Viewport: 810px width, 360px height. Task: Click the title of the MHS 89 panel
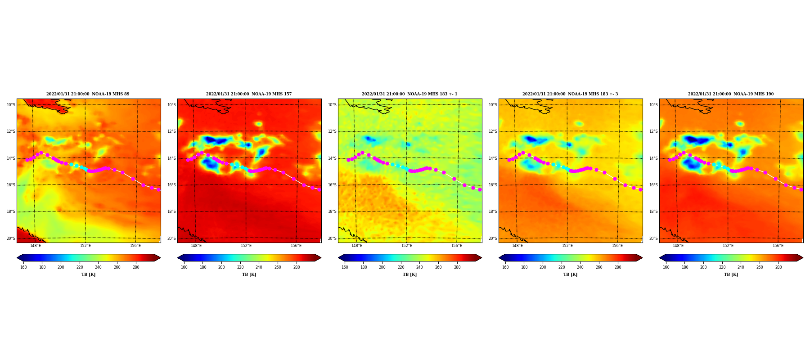[88, 94]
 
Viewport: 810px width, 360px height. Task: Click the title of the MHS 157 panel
[249, 94]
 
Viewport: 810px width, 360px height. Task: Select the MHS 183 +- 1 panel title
[409, 94]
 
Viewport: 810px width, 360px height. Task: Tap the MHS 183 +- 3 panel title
[570, 94]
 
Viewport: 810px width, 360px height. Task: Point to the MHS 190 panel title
[731, 94]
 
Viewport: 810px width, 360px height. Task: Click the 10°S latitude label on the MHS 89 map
[11, 105]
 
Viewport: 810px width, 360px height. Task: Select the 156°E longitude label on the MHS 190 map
[778, 246]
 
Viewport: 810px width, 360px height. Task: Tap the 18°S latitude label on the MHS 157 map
[171, 211]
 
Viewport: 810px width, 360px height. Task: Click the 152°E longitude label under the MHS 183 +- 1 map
[407, 246]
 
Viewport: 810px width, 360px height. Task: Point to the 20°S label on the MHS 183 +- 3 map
[493, 238]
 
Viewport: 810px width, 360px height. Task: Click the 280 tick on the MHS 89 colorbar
[136, 267]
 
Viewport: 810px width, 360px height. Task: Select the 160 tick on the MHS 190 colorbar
[666, 267]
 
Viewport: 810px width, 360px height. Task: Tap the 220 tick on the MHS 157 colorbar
[240, 267]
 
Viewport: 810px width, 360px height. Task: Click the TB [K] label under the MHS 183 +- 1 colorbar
[409, 274]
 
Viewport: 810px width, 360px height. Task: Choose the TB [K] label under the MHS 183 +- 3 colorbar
[570, 274]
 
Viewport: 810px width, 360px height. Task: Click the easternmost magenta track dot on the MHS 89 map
[158, 189]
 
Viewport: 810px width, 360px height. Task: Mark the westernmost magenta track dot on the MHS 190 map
[670, 160]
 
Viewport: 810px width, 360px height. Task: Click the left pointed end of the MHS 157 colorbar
[178, 258]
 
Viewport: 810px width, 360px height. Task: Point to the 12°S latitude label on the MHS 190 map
[653, 131]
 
